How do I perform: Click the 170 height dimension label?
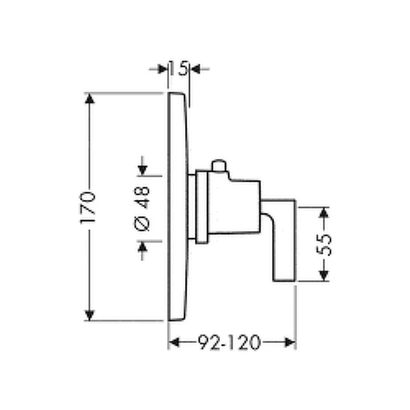pyautogui.click(x=88, y=208)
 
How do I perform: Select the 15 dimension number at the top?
pyautogui.click(x=178, y=68)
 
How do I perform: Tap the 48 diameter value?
pyautogui.click(x=142, y=197)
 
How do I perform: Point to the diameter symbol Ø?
pyautogui.click(x=142, y=223)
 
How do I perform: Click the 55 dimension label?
pyautogui.click(x=324, y=245)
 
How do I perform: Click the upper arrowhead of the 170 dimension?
pyautogui.click(x=89, y=98)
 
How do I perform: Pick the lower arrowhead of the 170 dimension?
pyautogui.click(x=89, y=315)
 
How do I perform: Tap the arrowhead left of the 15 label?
pyautogui.click(x=162, y=69)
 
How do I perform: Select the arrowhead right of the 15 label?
pyautogui.click(x=195, y=69)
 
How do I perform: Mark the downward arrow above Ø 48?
pyautogui.click(x=142, y=166)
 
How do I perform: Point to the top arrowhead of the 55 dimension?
pyautogui.click(x=324, y=213)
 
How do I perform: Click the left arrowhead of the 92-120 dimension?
pyautogui.click(x=174, y=342)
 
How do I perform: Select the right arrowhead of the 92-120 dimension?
pyautogui.click(x=290, y=342)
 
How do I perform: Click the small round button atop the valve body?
pyautogui.click(x=219, y=166)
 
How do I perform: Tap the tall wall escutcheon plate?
pyautogui.click(x=177, y=207)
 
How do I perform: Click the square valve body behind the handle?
pyautogui.click(x=234, y=204)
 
